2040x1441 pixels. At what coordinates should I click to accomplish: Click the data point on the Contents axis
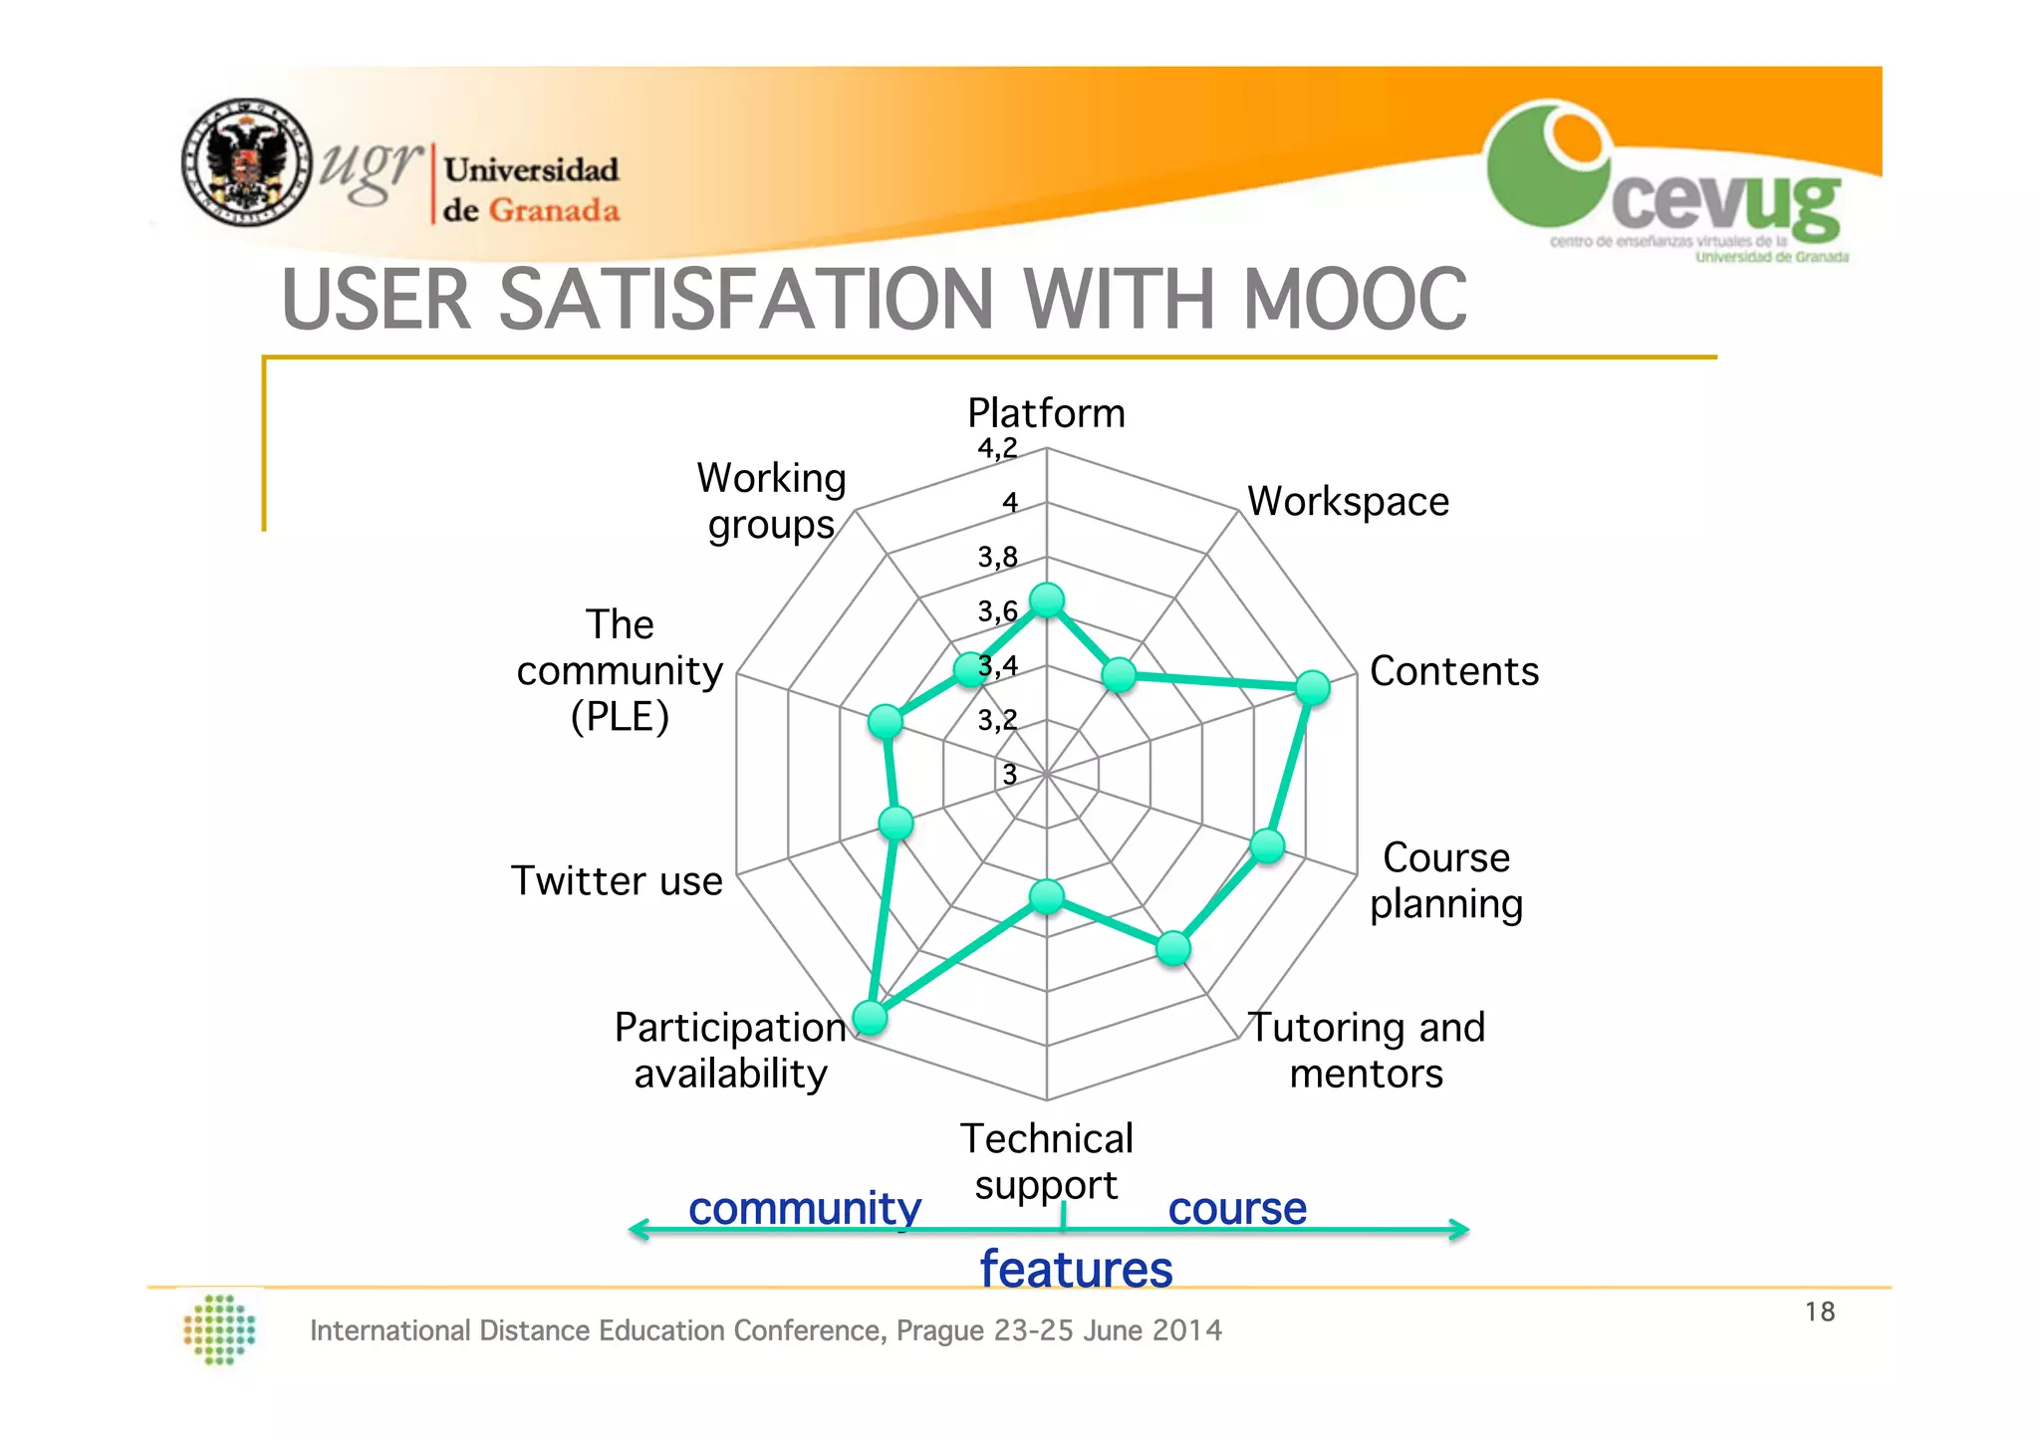point(1312,687)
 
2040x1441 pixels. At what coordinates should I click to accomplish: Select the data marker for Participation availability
point(870,1018)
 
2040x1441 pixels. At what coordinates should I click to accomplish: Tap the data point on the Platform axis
point(1046,600)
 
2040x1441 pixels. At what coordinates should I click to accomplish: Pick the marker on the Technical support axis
point(1046,896)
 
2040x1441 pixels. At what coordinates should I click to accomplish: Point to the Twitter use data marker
point(895,823)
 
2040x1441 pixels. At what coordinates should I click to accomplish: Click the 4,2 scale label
point(997,449)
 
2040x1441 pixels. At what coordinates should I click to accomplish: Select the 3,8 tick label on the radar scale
point(997,557)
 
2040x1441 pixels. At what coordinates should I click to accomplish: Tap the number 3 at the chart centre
point(1009,774)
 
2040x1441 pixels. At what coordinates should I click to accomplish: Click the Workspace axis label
point(1348,502)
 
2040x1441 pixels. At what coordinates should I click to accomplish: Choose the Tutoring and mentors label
point(1366,1050)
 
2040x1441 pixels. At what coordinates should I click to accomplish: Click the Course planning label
point(1445,880)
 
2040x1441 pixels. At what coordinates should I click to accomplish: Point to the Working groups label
point(771,501)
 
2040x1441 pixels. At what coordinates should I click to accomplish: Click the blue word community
point(804,1208)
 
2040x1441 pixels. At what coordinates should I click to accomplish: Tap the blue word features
point(1076,1270)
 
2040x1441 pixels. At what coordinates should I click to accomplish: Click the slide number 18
point(1819,1312)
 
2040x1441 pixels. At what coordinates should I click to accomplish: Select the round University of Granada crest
point(246,162)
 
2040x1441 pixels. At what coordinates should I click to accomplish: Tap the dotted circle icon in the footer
point(220,1328)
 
